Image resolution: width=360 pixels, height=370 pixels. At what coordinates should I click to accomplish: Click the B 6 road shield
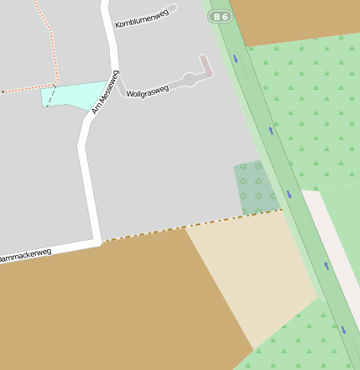click(220, 16)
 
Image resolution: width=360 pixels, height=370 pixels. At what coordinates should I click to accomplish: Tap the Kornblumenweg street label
click(141, 18)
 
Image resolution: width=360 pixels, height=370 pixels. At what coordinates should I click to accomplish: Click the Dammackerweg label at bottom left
click(25, 256)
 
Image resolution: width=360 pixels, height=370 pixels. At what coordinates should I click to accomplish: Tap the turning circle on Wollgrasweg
click(190, 80)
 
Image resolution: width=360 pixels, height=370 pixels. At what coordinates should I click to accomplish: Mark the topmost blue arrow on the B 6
click(236, 59)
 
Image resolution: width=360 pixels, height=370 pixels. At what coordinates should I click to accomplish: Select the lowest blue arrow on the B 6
click(343, 330)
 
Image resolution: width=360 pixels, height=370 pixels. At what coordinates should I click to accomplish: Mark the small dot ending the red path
click(3, 91)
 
